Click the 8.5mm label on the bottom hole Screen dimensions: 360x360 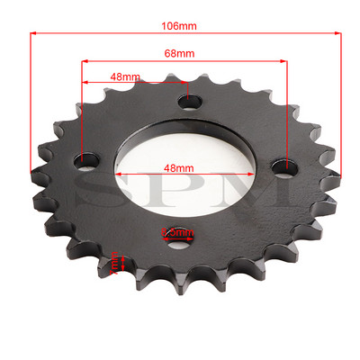177,234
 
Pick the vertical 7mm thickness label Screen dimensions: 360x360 116,264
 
